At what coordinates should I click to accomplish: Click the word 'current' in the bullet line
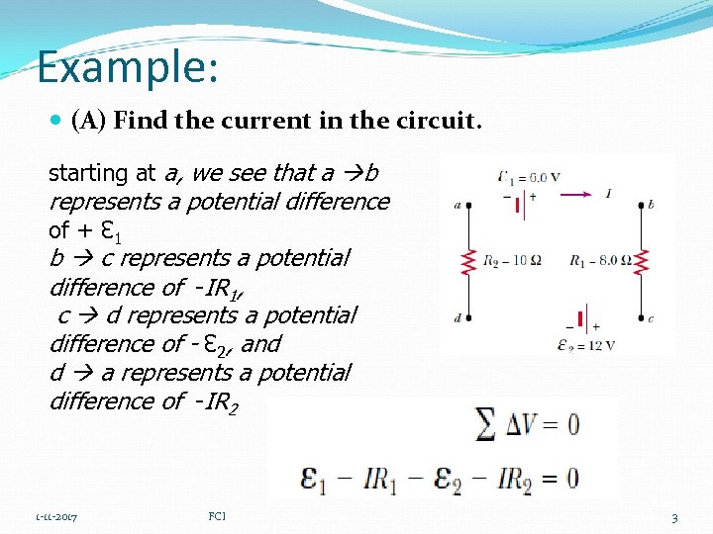pos(268,122)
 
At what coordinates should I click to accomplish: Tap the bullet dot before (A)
pos(55,122)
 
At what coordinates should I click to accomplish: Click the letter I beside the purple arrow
pos(608,194)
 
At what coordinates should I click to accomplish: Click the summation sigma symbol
pos(486,425)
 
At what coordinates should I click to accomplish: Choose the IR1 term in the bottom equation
pos(380,478)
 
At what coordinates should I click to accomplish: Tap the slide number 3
pos(673,517)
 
